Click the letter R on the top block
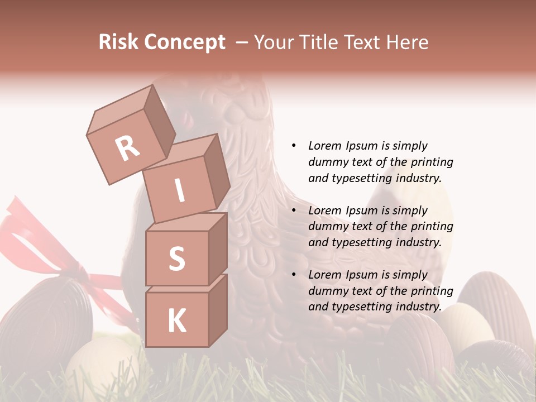[127, 148]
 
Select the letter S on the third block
[176, 259]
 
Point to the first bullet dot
[294, 146]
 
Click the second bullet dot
[294, 210]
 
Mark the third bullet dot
[294, 275]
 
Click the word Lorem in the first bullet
[324, 146]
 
